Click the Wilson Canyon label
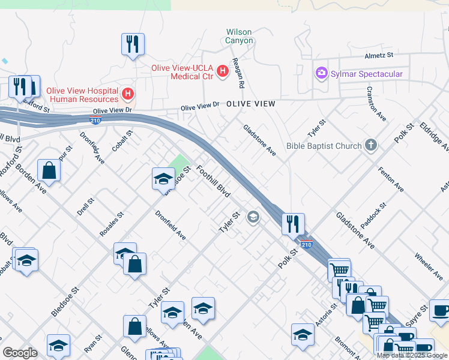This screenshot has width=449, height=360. (x=239, y=36)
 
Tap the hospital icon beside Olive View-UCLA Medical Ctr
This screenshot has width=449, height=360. (x=223, y=71)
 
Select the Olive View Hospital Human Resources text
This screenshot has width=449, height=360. (x=84, y=94)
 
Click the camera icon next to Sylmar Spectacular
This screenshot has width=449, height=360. (x=321, y=74)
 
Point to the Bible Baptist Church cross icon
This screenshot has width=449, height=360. (x=372, y=146)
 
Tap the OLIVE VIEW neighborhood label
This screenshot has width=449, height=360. (x=251, y=104)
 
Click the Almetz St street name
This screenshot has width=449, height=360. (x=378, y=55)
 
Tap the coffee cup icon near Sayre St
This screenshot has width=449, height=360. (x=441, y=310)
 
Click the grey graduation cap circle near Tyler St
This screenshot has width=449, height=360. (x=253, y=217)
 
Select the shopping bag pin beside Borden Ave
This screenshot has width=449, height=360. (x=49, y=170)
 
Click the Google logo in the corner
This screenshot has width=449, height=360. (x=20, y=353)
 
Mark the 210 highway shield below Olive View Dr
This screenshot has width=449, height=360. (x=95, y=119)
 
